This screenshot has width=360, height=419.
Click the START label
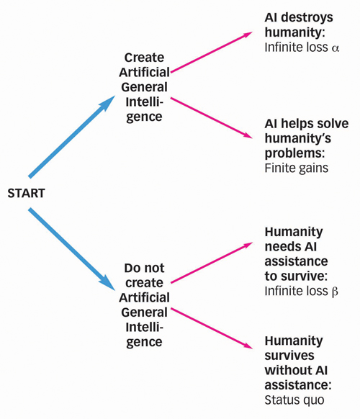coord(26,193)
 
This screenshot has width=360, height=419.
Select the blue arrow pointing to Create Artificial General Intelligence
coord(72,136)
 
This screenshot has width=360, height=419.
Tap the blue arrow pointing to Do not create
coord(72,249)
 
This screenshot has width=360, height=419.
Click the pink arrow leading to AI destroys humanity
coord(212,52)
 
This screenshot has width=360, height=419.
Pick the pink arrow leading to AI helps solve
coord(212,118)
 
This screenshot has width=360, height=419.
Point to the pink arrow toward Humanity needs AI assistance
coord(212,262)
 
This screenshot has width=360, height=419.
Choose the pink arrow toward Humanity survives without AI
coord(212,328)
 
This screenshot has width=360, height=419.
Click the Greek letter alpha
coord(335,48)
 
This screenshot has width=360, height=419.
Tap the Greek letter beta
coord(335,292)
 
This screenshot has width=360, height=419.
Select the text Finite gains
coord(297,168)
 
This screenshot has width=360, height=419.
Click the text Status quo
coord(294,400)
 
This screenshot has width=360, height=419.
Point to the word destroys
coord(307,18)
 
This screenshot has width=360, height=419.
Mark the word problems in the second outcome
coord(293,153)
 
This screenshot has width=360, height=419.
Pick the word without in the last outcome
coord(288,370)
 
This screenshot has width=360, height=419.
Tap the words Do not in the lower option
coord(144,268)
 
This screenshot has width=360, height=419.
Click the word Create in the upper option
coord(144,58)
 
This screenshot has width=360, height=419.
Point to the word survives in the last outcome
coord(289,356)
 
